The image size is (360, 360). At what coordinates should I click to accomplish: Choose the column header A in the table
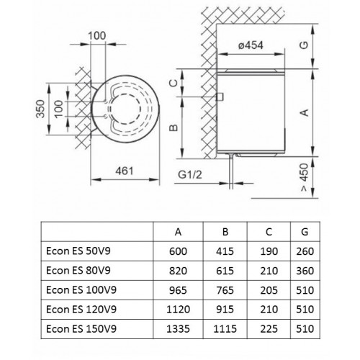(x=179, y=231)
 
